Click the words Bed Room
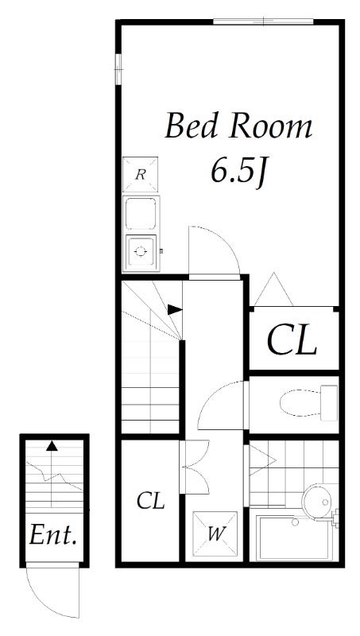pyautogui.click(x=238, y=126)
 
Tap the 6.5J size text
pyautogui.click(x=239, y=173)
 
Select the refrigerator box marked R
pyautogui.click(x=141, y=174)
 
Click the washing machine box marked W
pyautogui.click(x=215, y=533)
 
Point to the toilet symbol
pyautogui.click(x=308, y=402)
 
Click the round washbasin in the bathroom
pyautogui.click(x=318, y=502)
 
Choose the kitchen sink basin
pyautogui.click(x=141, y=213)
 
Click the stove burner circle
pyautogui.click(x=141, y=251)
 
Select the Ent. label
pyautogui.click(x=53, y=534)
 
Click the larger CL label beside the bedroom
pyautogui.click(x=292, y=339)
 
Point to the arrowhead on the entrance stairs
pyautogui.click(x=52, y=446)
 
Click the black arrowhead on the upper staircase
pyautogui.click(x=175, y=309)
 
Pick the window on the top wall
pyautogui.click(x=264, y=21)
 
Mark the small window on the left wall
pyautogui.click(x=118, y=69)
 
